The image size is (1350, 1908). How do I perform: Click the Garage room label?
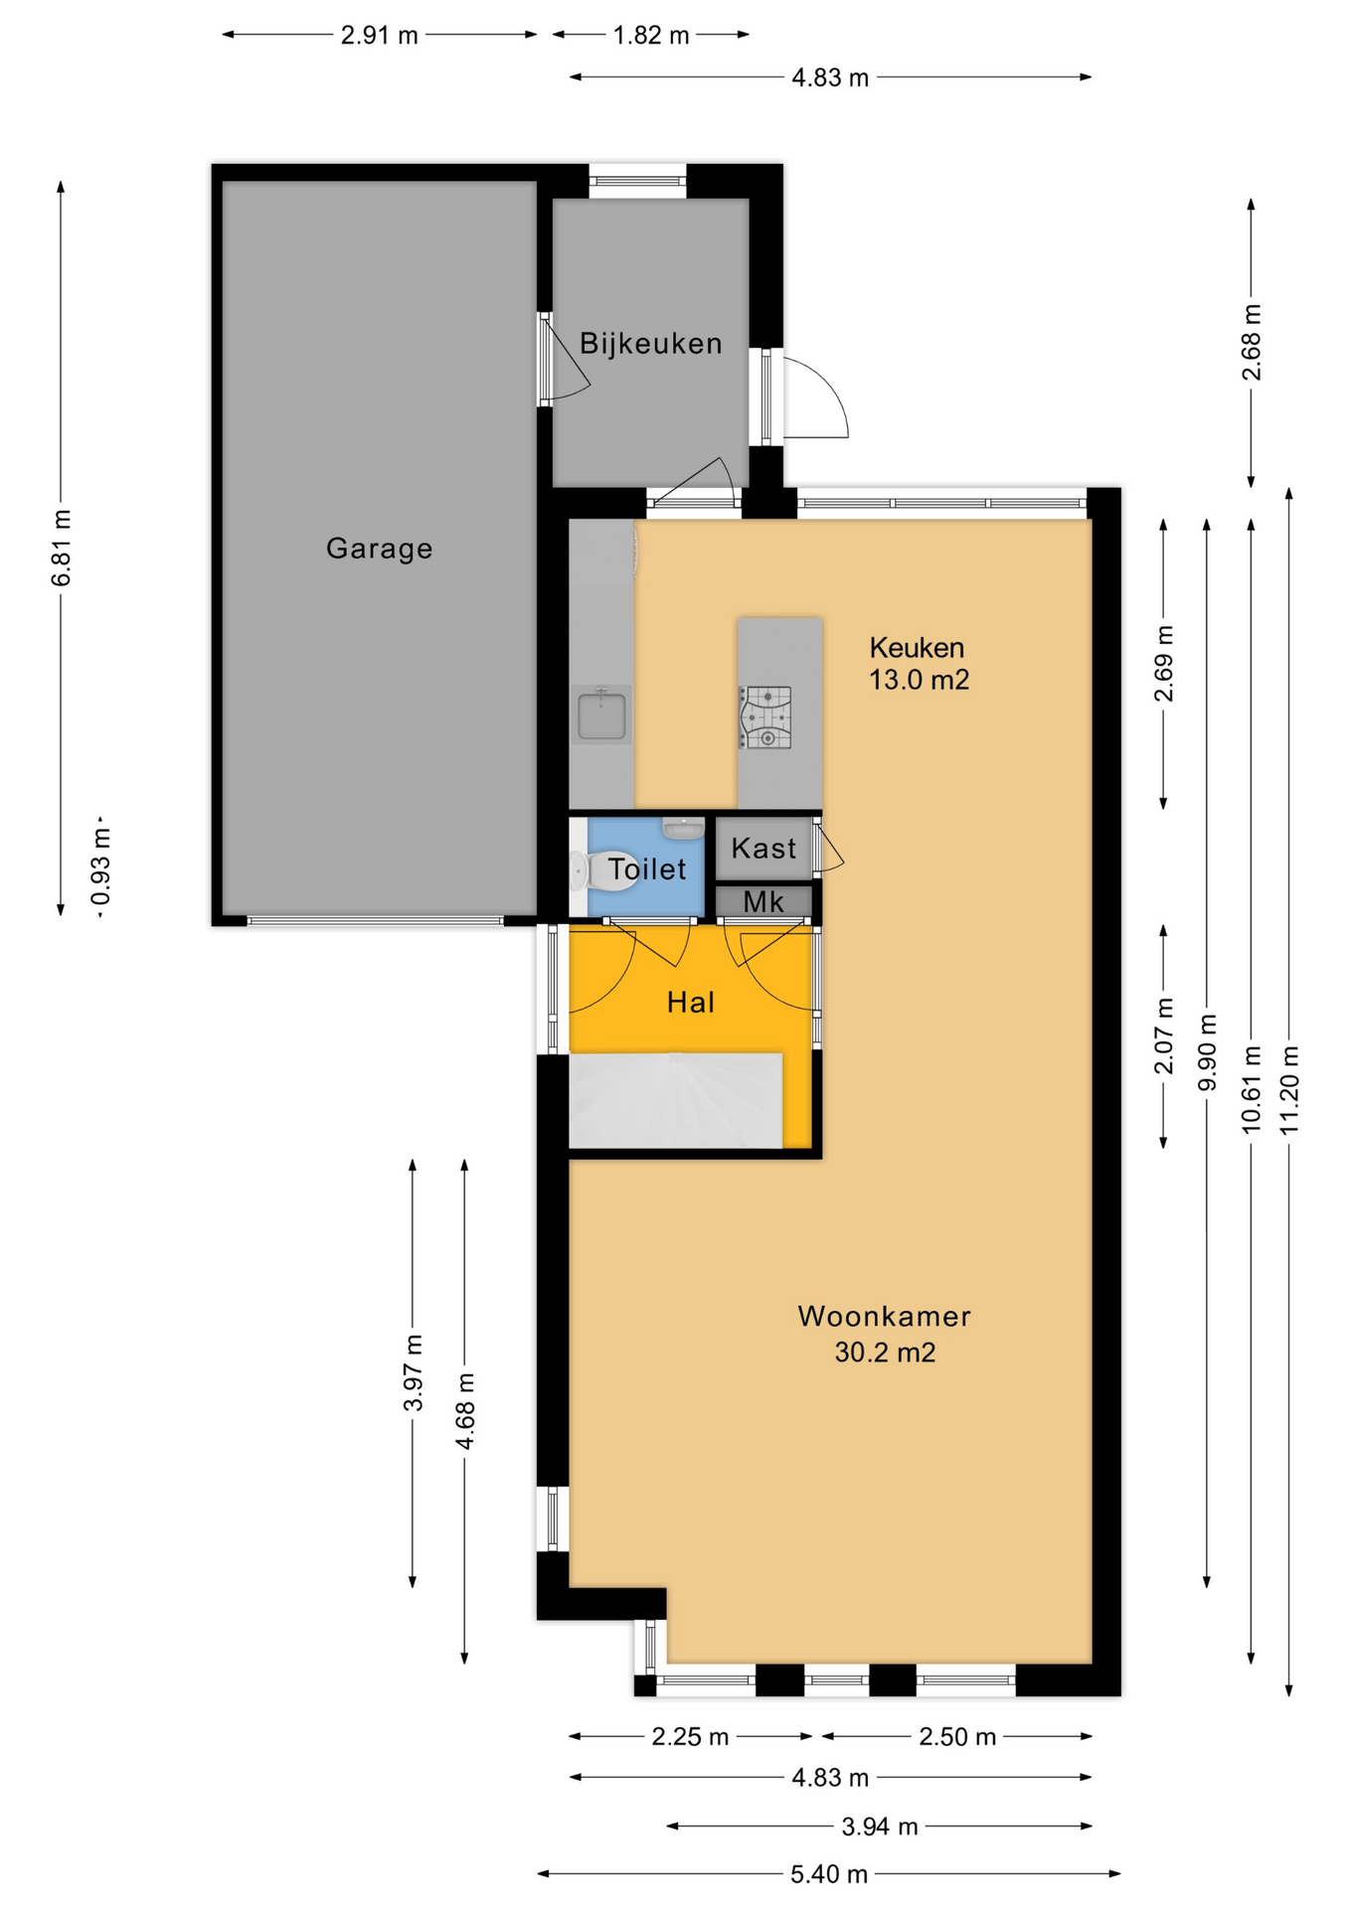(x=379, y=549)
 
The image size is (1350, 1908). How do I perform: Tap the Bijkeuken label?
(x=651, y=344)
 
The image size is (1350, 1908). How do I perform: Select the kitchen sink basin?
(x=601, y=715)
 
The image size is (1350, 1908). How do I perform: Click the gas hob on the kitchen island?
(x=765, y=717)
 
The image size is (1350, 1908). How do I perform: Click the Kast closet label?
(x=763, y=849)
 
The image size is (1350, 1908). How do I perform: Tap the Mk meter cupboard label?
(x=763, y=902)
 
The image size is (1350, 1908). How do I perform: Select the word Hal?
(x=691, y=1003)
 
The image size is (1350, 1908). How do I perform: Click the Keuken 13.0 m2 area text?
(x=919, y=664)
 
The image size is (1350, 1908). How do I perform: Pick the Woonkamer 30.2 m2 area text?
(x=885, y=1335)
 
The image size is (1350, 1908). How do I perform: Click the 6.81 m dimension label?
(x=62, y=548)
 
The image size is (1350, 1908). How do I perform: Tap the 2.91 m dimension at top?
(x=380, y=36)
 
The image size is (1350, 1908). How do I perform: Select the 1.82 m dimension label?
(x=651, y=36)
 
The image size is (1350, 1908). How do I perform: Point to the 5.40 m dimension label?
(x=829, y=1874)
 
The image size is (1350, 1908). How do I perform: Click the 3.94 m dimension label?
(x=880, y=1827)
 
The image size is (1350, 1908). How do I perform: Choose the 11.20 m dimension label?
(x=1289, y=1090)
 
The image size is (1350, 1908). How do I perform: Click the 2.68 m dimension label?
(x=1252, y=343)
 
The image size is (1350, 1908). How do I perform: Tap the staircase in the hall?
(x=675, y=1100)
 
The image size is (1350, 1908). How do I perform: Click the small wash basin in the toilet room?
(x=683, y=828)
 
